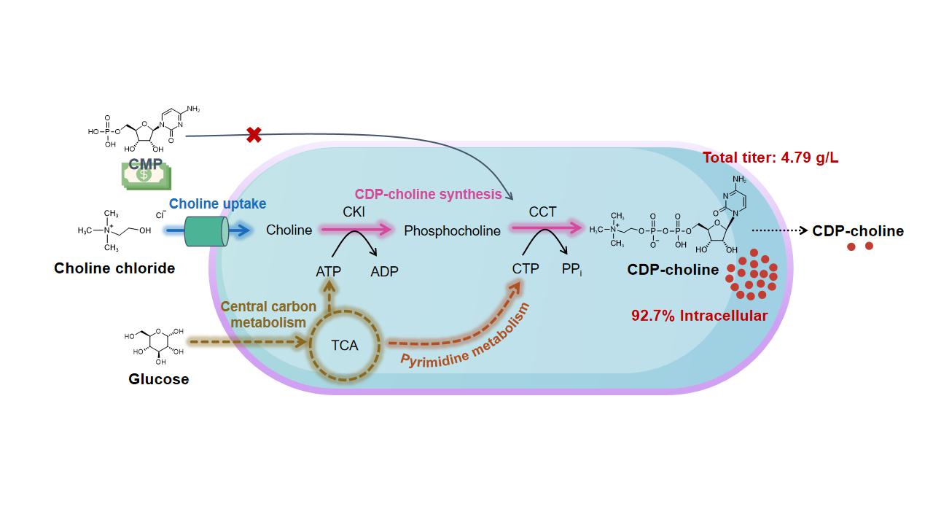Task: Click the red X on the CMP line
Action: pos(254,135)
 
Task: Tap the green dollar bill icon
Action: pos(146,176)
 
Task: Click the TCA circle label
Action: pos(344,345)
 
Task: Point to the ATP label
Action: pos(328,271)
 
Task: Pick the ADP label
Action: pos(384,271)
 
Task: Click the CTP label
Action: pos(526,269)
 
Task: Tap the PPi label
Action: pos(571,270)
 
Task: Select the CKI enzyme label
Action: pos(354,212)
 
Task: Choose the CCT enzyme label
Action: pos(542,212)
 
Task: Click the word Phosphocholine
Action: pos(452,231)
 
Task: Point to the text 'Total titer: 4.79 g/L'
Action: pos(770,157)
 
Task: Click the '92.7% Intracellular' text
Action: pos(699,316)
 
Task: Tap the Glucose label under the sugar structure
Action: pos(159,379)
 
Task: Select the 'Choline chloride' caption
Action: pos(114,268)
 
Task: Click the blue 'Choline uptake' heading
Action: pos(218,204)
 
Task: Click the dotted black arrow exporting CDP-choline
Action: pos(778,230)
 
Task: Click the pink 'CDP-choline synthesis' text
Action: pos(428,195)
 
